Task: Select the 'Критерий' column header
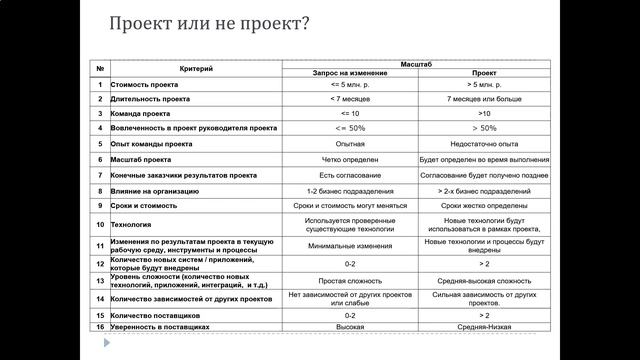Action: [x=196, y=68]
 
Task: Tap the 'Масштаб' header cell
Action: [x=413, y=62]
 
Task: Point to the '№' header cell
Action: [x=100, y=68]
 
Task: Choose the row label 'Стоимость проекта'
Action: [x=146, y=85]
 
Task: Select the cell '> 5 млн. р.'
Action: [x=477, y=85]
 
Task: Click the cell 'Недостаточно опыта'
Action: [x=477, y=144]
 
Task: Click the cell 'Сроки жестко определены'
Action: [x=477, y=205]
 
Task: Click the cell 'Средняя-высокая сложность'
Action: [x=477, y=281]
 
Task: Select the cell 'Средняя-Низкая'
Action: [x=477, y=326]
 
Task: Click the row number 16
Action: [x=100, y=326]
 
